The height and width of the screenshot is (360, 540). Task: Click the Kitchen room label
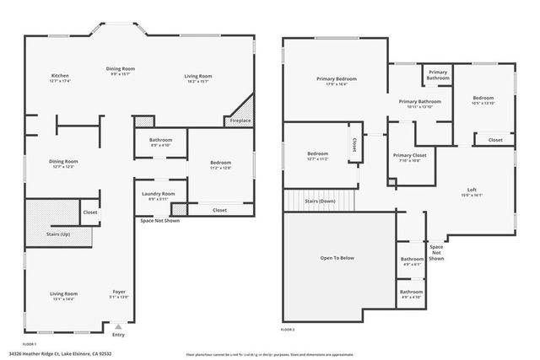point(60,77)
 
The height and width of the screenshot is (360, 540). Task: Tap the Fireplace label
point(240,121)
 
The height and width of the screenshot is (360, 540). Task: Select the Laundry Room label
point(158,194)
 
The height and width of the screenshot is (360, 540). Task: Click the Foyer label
point(119,292)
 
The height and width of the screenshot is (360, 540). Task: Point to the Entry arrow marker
point(118,324)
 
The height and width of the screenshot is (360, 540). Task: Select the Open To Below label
point(337,258)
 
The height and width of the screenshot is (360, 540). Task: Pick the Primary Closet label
point(409,155)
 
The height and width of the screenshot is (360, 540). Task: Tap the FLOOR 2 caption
point(289,329)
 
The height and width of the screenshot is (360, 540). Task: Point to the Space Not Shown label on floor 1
point(159,221)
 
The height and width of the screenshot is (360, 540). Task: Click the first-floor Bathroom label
point(160,140)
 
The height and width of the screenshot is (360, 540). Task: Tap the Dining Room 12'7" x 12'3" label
point(63,161)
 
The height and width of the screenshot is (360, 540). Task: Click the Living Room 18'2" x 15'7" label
point(198,77)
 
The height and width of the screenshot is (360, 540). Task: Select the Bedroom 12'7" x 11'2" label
point(317,153)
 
